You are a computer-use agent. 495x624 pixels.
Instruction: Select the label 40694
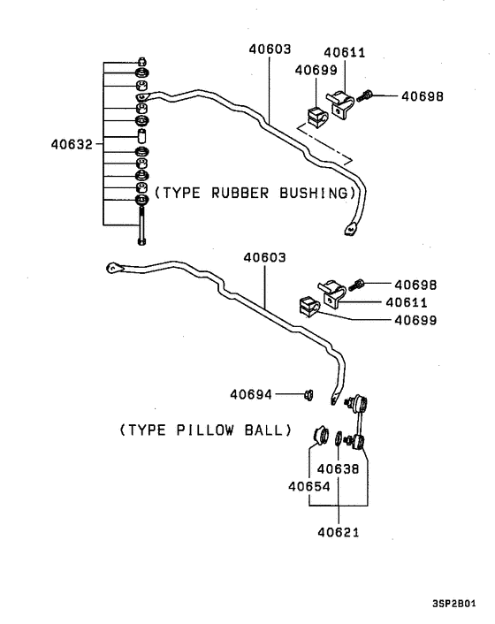click(251, 394)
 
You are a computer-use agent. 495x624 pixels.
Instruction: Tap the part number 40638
click(338, 469)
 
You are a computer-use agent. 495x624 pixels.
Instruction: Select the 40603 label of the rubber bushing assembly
click(269, 51)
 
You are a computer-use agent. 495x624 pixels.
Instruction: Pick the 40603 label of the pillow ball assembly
click(265, 257)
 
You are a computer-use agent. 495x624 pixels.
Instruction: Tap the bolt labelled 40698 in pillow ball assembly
click(360, 285)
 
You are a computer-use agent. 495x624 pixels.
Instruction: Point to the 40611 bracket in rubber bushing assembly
click(340, 104)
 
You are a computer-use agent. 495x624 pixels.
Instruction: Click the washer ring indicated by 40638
click(339, 438)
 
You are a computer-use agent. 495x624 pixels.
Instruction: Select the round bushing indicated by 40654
click(322, 434)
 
